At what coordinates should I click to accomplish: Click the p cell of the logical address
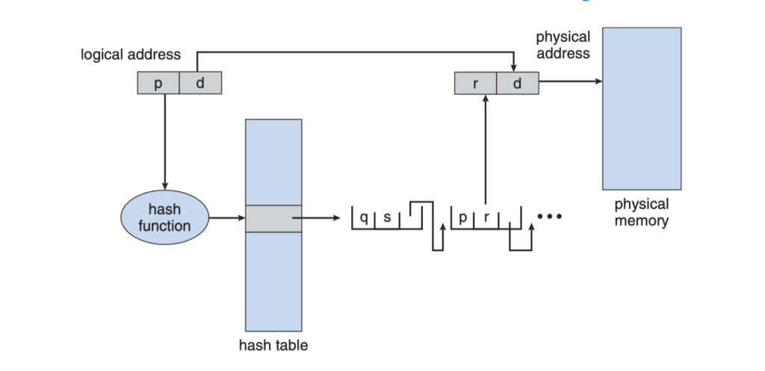(x=158, y=83)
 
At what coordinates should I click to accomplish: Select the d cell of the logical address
(x=200, y=83)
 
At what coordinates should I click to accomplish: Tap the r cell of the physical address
(x=475, y=83)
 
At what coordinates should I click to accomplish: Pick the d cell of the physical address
(x=517, y=83)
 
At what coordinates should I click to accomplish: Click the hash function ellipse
(x=165, y=218)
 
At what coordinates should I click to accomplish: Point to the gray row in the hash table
(x=273, y=219)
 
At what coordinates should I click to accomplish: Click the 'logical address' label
(x=131, y=55)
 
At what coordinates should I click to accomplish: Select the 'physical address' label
(x=563, y=45)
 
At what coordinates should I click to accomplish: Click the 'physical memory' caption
(x=642, y=213)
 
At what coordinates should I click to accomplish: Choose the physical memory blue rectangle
(x=642, y=108)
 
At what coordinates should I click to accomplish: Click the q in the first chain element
(x=364, y=219)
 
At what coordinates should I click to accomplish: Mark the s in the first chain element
(x=386, y=219)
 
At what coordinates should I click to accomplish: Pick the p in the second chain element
(x=463, y=219)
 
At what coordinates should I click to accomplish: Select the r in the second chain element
(x=486, y=219)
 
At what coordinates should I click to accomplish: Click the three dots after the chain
(x=549, y=217)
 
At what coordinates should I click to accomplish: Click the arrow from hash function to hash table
(x=227, y=219)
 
